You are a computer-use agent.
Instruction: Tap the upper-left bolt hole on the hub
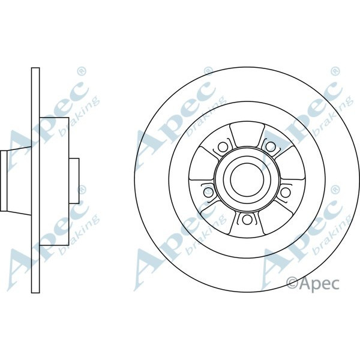221,146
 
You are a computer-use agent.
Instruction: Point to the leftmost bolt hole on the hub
209,191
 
